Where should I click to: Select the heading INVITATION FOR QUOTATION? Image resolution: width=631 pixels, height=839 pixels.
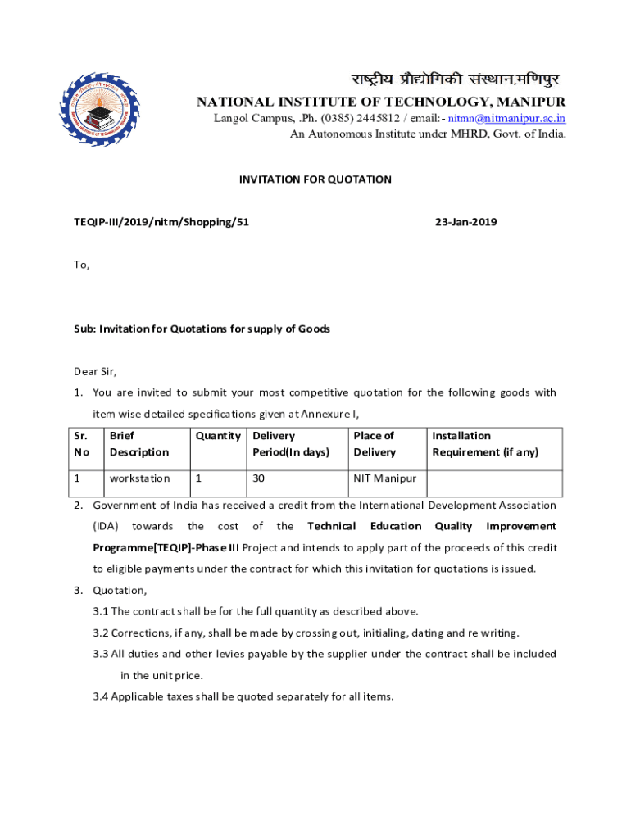coord(315,179)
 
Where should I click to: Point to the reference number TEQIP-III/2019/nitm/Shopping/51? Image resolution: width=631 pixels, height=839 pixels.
coord(161,222)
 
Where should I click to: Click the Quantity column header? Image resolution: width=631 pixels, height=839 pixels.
coord(217,436)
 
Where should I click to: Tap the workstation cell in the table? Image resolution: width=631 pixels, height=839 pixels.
coord(139,478)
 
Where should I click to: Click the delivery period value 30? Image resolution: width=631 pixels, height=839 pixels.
coord(260,478)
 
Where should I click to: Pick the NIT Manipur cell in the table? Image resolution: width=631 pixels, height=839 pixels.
coord(384,478)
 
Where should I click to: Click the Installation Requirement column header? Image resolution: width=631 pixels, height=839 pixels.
coord(485,444)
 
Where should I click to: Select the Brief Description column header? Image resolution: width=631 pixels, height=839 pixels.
coord(139,444)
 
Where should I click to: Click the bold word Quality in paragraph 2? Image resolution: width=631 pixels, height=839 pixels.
coord(453,526)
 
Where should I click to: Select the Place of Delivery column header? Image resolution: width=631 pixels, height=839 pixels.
coord(375,444)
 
